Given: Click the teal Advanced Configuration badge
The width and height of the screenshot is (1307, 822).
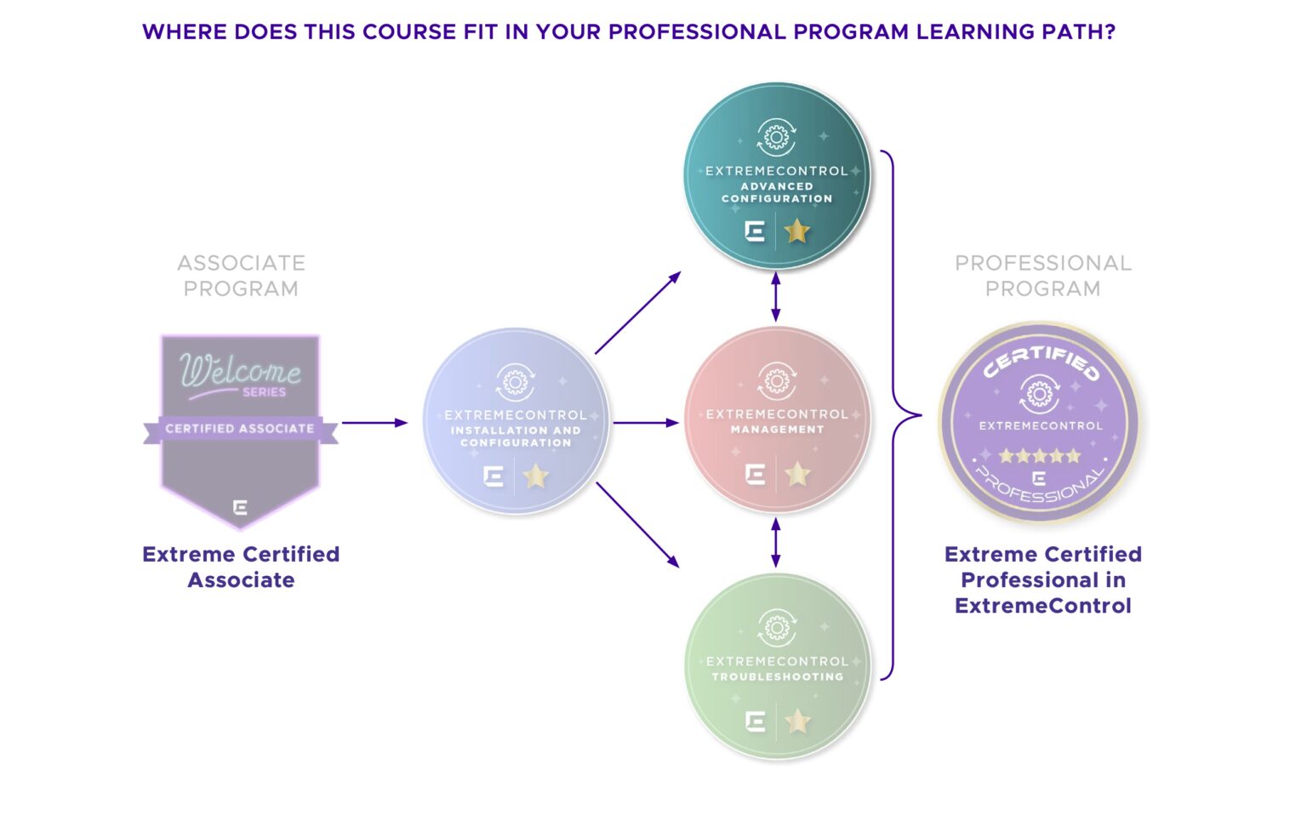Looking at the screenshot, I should point(777,175).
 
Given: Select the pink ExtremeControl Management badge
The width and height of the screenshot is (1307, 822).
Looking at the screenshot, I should point(777,420).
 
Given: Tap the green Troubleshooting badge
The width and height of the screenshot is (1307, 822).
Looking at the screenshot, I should point(777,666).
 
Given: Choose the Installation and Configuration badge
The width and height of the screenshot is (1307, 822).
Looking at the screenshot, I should point(516,421).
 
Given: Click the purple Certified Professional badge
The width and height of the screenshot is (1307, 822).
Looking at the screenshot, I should point(1039,421).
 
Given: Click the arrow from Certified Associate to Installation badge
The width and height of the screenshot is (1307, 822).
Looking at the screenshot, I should point(374,423).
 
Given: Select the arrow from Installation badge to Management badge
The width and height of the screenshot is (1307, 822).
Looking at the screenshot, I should point(646,423).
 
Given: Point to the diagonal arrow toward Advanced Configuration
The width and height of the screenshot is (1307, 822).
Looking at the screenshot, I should point(637,313).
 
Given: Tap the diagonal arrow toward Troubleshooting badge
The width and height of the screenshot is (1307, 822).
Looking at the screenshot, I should point(637,524).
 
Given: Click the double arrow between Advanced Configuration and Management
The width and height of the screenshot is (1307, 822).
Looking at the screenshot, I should point(775,297).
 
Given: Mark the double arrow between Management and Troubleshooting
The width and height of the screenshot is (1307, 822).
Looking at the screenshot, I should point(775,542).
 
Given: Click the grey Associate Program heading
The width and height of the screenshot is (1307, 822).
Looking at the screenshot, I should point(241,276).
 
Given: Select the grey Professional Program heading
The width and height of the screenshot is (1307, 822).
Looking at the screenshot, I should point(1042,276).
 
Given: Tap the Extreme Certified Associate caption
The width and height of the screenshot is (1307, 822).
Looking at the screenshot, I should point(241,567).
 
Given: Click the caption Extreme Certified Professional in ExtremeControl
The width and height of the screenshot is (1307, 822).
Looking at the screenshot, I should point(1042,579).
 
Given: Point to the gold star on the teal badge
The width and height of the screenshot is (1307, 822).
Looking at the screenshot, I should point(796,231).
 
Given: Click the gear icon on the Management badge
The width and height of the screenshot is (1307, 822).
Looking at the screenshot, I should point(777,381).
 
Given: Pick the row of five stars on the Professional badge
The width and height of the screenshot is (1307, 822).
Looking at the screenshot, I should point(1039,456).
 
